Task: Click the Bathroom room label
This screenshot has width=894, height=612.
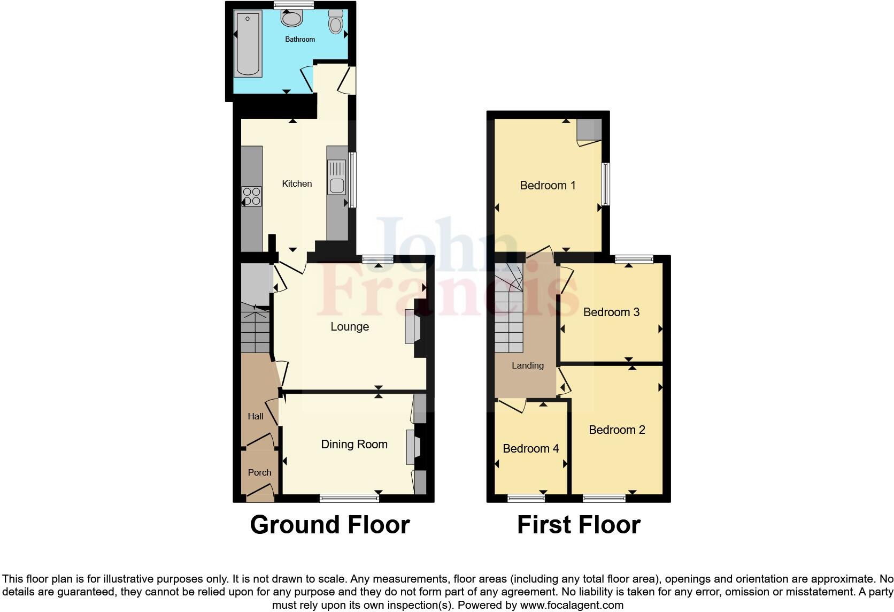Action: [x=299, y=39]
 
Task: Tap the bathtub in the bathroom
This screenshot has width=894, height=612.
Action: [x=248, y=44]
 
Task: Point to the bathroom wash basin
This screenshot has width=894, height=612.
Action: [x=291, y=18]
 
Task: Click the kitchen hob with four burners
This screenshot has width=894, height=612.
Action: [x=251, y=196]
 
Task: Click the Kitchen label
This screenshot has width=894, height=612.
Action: [x=297, y=183]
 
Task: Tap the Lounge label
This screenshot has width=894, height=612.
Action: [x=350, y=326]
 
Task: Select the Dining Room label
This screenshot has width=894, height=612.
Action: [x=354, y=444]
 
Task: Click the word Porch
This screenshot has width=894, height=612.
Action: [x=259, y=472]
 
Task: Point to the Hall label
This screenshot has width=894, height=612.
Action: [x=256, y=416]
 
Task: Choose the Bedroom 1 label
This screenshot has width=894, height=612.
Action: [x=548, y=185]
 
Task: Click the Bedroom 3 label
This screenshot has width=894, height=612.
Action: [x=611, y=312]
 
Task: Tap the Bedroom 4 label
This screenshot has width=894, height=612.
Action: [x=530, y=448]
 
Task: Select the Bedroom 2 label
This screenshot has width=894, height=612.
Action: [x=617, y=430]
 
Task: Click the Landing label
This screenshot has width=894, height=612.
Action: [x=528, y=365]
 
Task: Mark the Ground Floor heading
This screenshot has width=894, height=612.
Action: [x=330, y=525]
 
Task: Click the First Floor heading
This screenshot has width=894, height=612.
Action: [x=579, y=525]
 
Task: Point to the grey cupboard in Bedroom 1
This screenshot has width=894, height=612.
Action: [x=589, y=129]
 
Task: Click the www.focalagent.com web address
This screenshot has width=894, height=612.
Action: [x=571, y=605]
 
